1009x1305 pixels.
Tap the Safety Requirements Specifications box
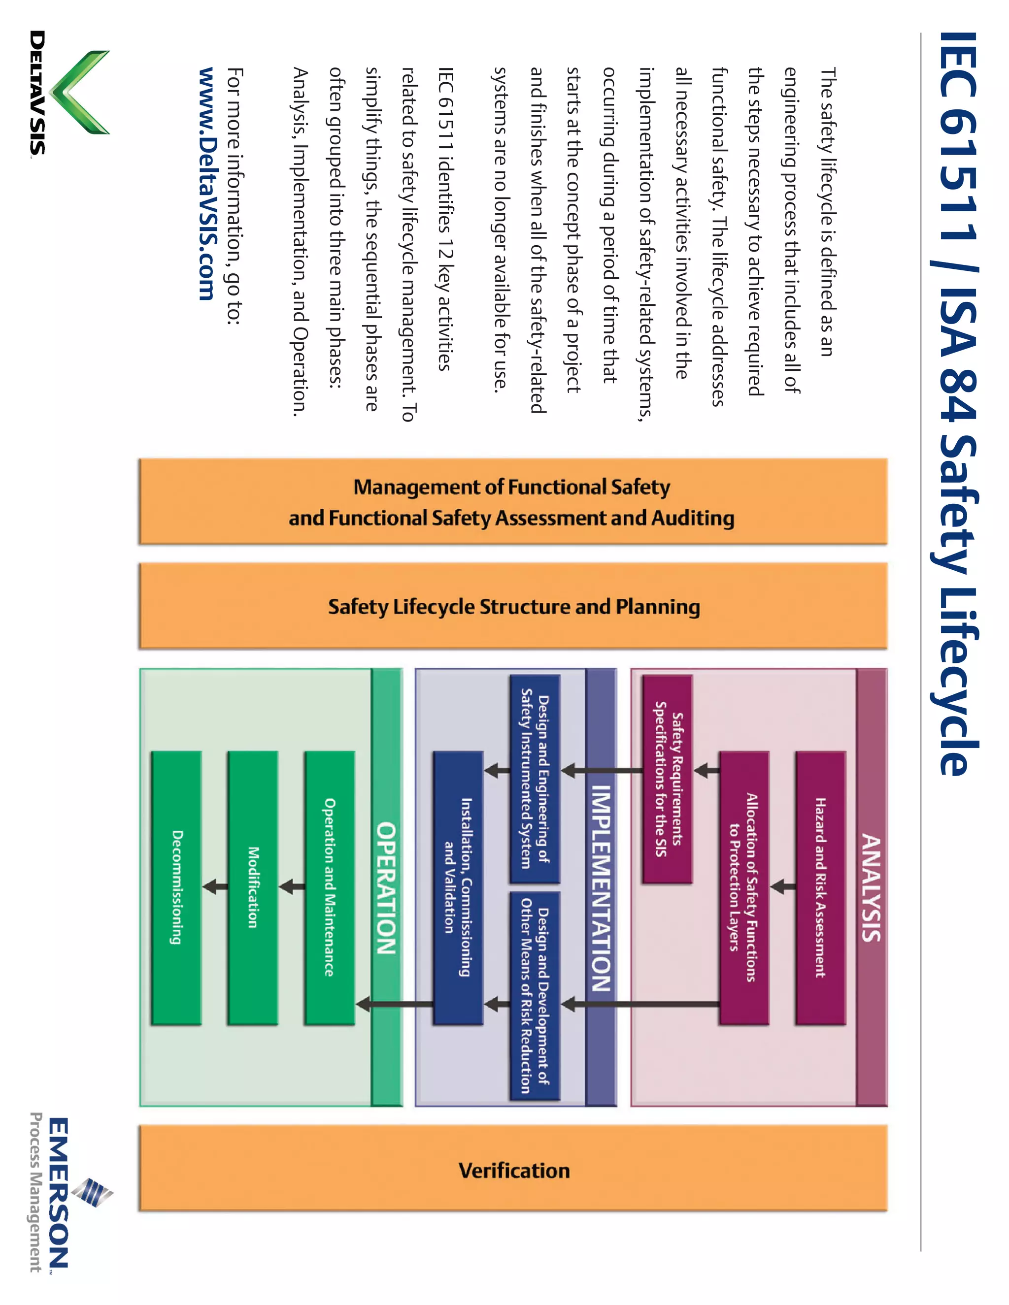667,779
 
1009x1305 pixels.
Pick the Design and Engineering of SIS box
535,779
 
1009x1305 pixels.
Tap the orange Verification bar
513,1170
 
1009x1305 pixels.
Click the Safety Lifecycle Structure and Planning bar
513,606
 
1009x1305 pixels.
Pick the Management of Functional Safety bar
513,502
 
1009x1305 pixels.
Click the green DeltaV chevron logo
81,93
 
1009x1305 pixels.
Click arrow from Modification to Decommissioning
215,887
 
